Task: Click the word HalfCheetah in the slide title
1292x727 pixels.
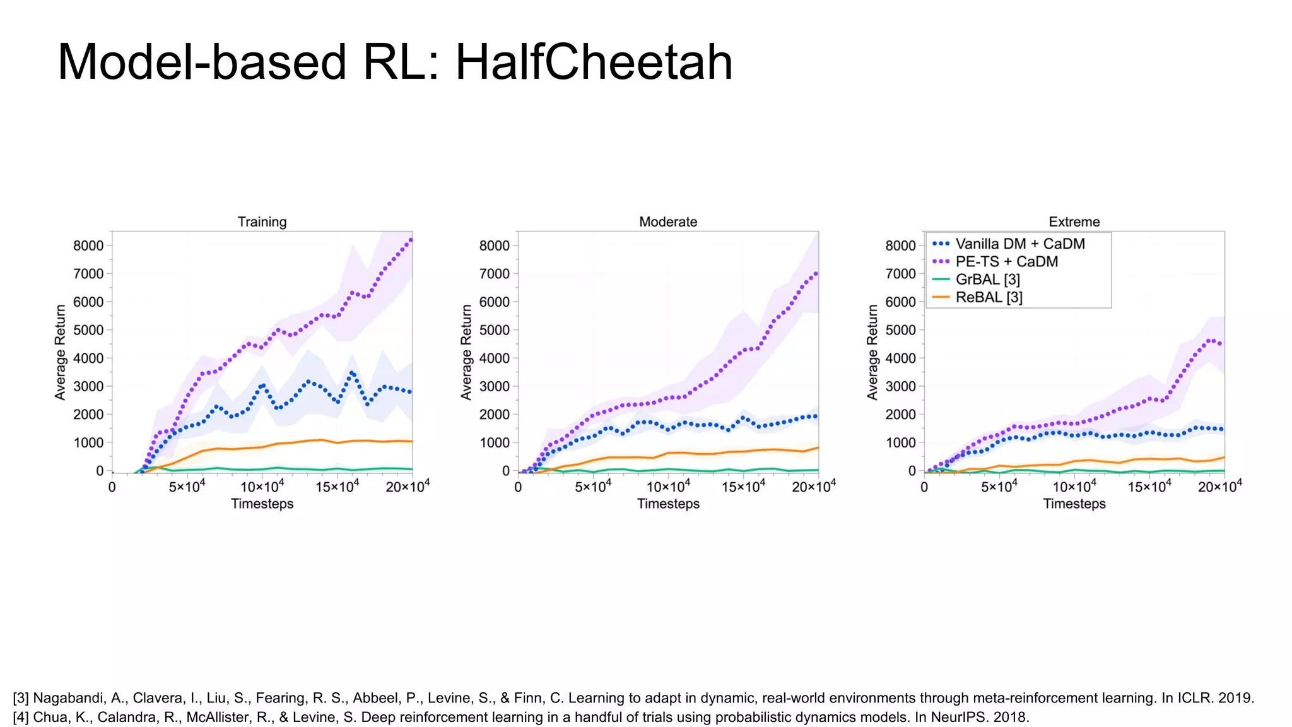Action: click(594, 62)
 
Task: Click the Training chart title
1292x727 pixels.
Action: click(262, 222)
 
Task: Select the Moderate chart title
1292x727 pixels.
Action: click(668, 222)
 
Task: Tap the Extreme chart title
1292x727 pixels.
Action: click(1074, 222)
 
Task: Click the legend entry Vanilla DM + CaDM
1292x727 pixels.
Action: click(1019, 244)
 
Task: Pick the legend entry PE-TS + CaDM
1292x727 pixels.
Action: click(1006, 261)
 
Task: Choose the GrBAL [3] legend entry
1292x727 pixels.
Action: click(987, 279)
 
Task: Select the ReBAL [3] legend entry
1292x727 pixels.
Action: click(989, 297)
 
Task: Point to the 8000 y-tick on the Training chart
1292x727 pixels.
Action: click(88, 245)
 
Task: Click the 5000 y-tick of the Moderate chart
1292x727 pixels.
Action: click(495, 330)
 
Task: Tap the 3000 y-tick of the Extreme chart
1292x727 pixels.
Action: click(900, 386)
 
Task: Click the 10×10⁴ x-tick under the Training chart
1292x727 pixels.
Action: click(262, 487)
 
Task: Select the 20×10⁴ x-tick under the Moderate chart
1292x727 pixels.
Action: click(814, 487)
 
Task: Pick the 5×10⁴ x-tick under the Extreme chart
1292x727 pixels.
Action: click(999, 487)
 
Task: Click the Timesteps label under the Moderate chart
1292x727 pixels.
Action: click(668, 504)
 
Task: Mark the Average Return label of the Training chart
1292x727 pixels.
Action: click(61, 352)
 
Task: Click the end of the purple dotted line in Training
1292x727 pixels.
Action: click(411, 239)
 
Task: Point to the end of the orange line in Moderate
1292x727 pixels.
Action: click(818, 448)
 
